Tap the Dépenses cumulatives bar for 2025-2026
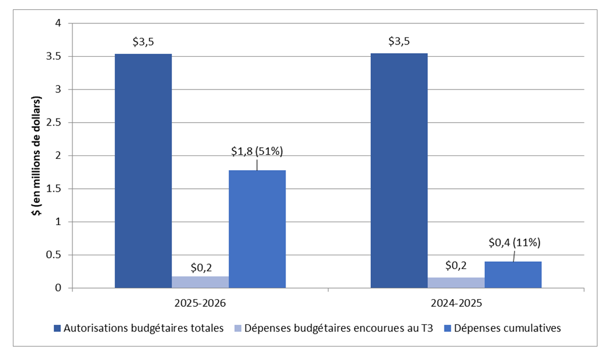[x=257, y=229]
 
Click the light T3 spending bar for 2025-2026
[x=200, y=282]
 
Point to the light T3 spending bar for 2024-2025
[x=456, y=283]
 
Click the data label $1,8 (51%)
[x=257, y=151]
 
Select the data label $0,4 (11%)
[x=513, y=243]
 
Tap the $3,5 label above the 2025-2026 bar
[x=143, y=41]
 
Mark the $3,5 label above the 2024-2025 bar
[x=399, y=41]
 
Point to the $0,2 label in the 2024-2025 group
[x=456, y=266]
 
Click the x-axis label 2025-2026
[x=200, y=304]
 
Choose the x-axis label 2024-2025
[x=456, y=304]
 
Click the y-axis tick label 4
[x=58, y=23]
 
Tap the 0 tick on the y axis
[x=58, y=288]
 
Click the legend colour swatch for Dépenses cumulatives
[x=449, y=328]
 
